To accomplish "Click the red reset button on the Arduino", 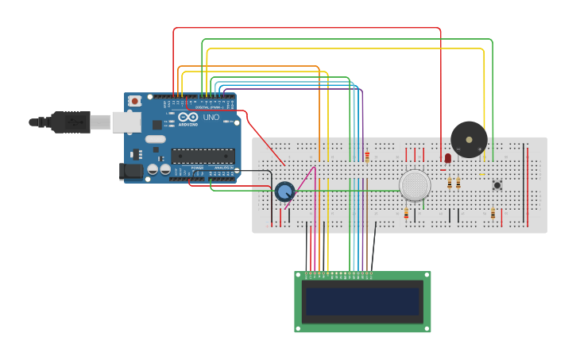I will coord(135,101).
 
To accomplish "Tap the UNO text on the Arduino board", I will coord(211,118).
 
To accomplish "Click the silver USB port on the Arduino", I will coord(126,122).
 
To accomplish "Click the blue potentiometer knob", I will coord(284,191).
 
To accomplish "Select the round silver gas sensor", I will coord(415,185).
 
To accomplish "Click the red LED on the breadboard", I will coord(448,158).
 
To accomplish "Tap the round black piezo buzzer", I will coord(469,139).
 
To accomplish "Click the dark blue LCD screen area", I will coord(362,301).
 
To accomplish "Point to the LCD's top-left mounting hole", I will coord(300,276).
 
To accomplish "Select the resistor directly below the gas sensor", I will coord(406,213).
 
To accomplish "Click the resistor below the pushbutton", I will coord(493,213).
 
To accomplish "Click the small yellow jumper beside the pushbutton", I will coord(482,175).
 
